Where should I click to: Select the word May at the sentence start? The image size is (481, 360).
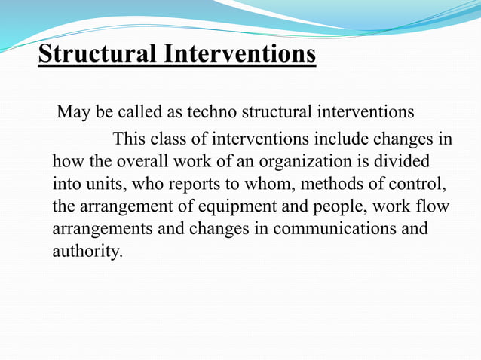pyautogui.click(x=74, y=113)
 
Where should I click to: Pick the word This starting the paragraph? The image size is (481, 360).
pyautogui.click(x=129, y=140)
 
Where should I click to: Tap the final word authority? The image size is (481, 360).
pyautogui.click(x=86, y=250)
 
